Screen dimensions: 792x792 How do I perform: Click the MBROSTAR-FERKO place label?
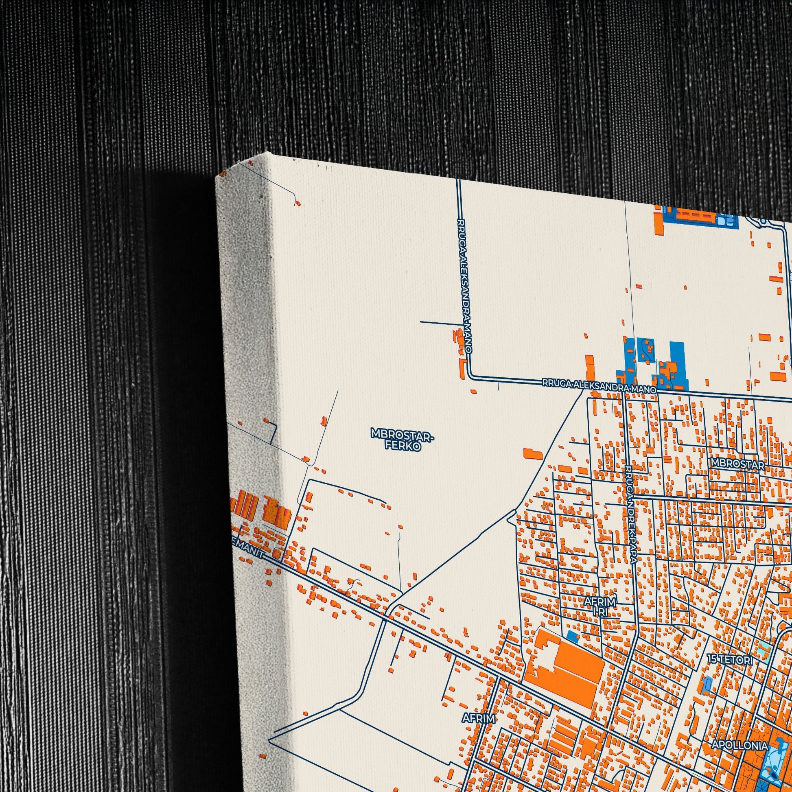tap(401, 439)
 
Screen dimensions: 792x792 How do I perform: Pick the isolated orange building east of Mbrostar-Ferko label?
tap(532, 453)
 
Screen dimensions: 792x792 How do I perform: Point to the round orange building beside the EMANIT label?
tap(277, 554)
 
